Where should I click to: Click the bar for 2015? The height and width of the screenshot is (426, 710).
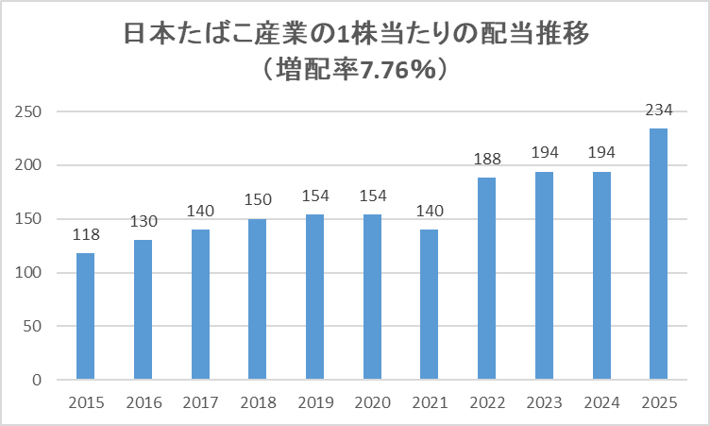(85, 316)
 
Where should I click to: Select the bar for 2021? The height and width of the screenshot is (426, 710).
(430, 304)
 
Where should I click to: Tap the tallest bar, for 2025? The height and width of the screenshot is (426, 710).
(659, 254)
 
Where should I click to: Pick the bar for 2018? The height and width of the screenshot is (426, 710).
(257, 299)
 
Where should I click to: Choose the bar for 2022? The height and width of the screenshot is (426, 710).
(487, 279)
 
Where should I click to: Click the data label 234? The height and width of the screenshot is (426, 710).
(659, 111)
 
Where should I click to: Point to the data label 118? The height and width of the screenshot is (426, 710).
(85, 235)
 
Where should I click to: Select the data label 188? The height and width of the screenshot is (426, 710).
(487, 160)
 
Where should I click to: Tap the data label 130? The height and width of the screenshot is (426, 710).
(143, 222)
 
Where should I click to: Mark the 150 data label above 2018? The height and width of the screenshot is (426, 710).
(257, 200)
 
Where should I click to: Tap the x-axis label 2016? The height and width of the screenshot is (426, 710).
(143, 403)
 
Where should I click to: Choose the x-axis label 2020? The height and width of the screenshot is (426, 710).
(372, 403)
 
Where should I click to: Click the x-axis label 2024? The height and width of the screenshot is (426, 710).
(601, 403)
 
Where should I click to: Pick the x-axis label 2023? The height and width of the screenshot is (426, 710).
(545, 403)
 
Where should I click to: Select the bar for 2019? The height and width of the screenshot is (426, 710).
(314, 298)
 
